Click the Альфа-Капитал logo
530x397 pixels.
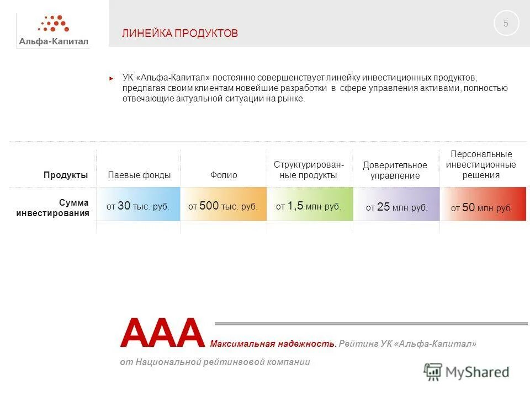click(54, 30)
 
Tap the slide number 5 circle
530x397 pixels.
click(506, 24)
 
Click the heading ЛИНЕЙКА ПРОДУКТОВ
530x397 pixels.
click(180, 34)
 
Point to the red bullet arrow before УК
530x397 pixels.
click(112, 78)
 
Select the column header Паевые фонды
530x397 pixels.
click(139, 175)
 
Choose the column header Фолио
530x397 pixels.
click(224, 175)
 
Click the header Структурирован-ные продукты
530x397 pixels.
click(309, 170)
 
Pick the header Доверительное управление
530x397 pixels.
click(395, 170)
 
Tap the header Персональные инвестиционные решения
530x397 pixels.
click(481, 164)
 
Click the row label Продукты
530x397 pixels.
click(66, 175)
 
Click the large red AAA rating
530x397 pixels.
click(162, 333)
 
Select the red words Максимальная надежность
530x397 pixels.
click(273, 344)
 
